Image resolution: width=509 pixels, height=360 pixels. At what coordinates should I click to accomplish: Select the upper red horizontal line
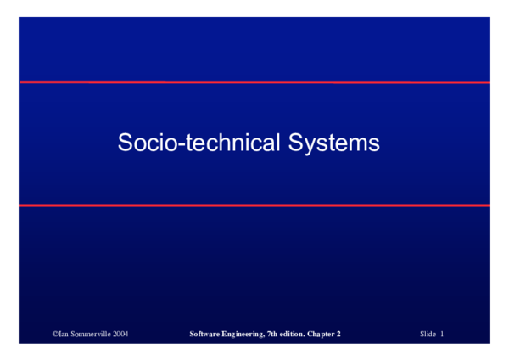point(255,82)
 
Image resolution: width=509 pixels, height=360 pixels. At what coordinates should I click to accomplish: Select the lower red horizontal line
point(255,205)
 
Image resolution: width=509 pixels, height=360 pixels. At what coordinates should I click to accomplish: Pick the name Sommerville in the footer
point(90,335)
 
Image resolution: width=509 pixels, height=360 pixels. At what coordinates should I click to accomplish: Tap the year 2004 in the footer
point(120,335)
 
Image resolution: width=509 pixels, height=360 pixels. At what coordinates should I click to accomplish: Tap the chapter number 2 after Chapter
point(338,335)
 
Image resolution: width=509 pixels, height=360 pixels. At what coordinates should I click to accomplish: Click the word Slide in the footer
point(428,335)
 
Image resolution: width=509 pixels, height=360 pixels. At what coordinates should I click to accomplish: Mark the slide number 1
point(442,335)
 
